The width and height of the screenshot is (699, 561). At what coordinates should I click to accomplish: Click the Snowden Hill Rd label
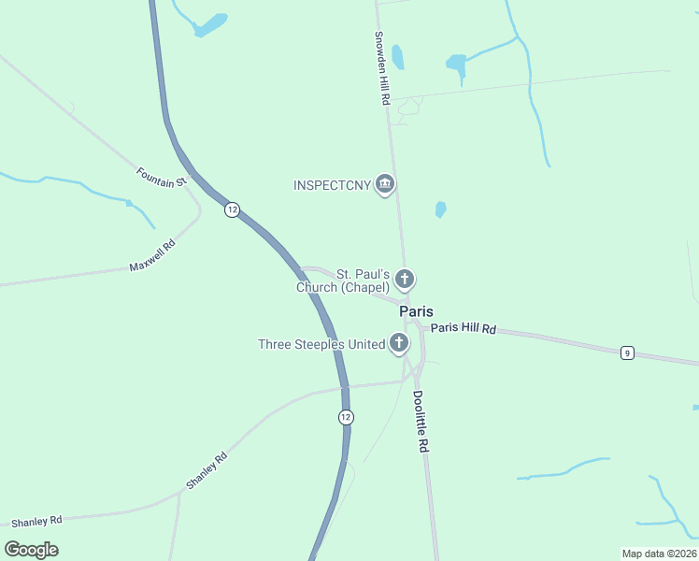(x=381, y=69)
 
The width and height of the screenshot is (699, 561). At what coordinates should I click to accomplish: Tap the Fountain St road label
(x=163, y=177)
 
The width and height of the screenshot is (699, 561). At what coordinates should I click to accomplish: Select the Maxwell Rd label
(x=152, y=255)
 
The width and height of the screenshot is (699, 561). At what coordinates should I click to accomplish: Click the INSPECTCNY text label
(x=332, y=185)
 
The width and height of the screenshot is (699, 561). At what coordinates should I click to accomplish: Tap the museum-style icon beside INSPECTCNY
(x=384, y=185)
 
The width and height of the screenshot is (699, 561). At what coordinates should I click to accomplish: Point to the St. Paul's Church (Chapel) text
(x=343, y=280)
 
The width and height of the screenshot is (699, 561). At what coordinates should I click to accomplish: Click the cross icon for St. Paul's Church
(x=405, y=279)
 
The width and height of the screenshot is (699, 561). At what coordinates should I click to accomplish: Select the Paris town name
(x=416, y=311)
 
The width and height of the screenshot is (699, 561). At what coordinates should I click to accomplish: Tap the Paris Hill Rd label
(x=463, y=329)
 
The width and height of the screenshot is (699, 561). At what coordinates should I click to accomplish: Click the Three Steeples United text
(x=321, y=344)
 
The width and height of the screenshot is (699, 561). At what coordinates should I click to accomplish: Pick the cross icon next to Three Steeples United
(x=399, y=344)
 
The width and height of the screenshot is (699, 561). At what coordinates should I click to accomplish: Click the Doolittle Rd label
(x=420, y=422)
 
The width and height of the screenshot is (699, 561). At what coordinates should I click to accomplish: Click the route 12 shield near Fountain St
(x=232, y=210)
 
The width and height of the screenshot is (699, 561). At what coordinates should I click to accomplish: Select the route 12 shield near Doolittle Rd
(x=346, y=417)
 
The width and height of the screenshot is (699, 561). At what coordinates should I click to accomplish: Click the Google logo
(x=31, y=550)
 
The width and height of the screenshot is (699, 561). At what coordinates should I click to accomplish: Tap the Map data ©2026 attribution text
(x=658, y=554)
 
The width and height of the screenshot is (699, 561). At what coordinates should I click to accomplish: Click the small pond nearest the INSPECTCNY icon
(x=440, y=209)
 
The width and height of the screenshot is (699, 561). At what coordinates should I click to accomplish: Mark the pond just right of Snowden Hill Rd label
(x=398, y=58)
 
